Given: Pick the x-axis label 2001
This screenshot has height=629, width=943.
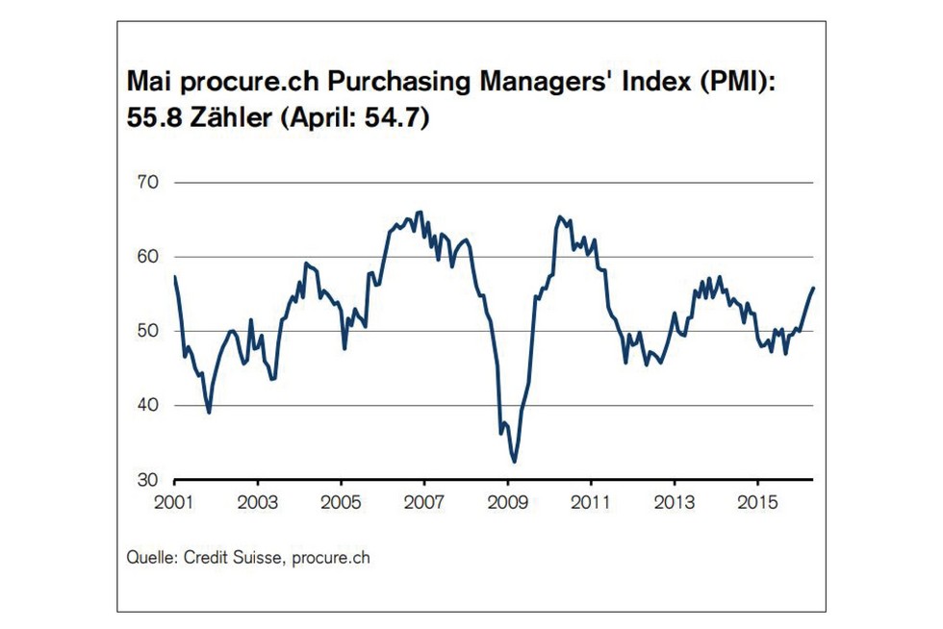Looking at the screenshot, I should coord(174,502).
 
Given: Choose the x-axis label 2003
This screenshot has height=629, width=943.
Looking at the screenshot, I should coord(258,502).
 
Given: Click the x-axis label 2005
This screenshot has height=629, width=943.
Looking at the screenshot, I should coord(341,502).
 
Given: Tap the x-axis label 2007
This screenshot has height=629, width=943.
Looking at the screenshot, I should coord(424,502).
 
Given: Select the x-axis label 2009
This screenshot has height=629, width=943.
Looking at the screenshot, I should coord(507,502).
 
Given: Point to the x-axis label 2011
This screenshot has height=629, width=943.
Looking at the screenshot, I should coord(590,502).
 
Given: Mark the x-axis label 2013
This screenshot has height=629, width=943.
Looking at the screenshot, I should coord(674,502).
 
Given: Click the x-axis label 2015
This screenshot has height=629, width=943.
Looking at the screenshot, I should coord(756,502).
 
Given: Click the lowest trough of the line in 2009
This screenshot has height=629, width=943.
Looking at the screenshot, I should coord(515,462).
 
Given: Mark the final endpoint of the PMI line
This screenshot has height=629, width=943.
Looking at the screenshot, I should coord(813,288).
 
